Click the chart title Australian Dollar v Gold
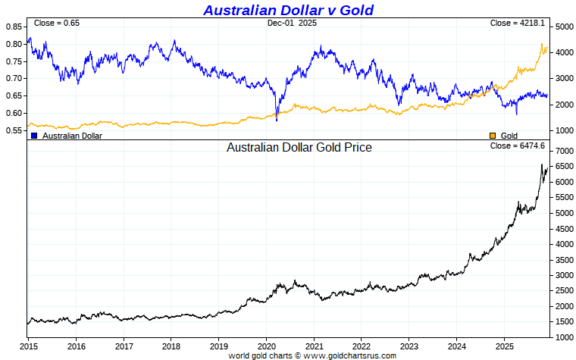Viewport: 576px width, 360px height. [288, 10]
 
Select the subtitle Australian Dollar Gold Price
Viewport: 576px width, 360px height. [299, 148]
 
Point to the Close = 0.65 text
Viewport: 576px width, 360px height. [57, 23]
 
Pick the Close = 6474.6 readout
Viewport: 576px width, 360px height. [518, 146]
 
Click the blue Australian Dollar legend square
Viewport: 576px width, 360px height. [34, 136]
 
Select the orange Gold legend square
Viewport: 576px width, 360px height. [493, 136]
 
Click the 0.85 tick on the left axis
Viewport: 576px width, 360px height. [14, 27]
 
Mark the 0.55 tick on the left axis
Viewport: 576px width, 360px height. [14, 130]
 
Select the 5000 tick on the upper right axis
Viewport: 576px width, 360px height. [563, 27]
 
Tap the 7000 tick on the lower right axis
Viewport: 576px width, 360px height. [563, 151]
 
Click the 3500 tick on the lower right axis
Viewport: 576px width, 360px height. [563, 259]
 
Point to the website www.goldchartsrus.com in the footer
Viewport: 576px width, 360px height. [350, 355]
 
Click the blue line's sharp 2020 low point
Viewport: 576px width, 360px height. [277, 121]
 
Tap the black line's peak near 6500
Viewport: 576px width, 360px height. [542, 164]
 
